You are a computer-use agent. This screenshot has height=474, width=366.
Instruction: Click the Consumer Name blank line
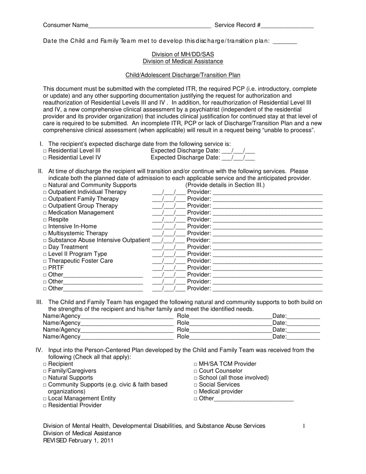[x=149, y=26]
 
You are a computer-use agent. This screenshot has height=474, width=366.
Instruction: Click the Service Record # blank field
[x=287, y=26]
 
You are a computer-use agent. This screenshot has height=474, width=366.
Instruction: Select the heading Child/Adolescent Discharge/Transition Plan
[x=183, y=75]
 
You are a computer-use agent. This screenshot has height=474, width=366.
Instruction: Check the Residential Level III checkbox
[x=45, y=151]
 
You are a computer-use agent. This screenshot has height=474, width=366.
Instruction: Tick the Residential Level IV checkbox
[x=45, y=158]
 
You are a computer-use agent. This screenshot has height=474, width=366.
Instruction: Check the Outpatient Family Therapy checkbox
[x=45, y=199]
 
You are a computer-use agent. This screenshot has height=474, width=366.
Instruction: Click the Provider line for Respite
[x=267, y=220]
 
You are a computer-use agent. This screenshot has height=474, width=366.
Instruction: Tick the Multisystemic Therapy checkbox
[x=45, y=234]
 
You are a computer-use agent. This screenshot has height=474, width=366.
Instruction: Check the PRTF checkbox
[x=45, y=268]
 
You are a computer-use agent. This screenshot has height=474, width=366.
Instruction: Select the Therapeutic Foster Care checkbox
[x=45, y=261]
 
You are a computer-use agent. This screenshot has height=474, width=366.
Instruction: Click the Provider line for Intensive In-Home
[x=267, y=227]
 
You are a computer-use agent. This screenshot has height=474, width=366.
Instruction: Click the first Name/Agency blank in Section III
[x=127, y=316]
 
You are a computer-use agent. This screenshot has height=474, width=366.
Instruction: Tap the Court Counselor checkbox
[x=196, y=371]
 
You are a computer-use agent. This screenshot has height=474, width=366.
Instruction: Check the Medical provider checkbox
[x=196, y=392]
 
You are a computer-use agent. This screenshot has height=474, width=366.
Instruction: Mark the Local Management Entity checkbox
[x=45, y=399]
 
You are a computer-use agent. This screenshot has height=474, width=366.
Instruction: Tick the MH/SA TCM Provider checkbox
[x=196, y=364]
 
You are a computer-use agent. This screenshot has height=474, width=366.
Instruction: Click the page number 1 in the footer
[x=304, y=426]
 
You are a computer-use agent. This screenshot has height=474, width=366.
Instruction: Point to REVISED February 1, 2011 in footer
[x=78, y=440]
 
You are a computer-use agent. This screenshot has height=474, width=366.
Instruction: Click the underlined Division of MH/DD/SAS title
[x=183, y=54]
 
